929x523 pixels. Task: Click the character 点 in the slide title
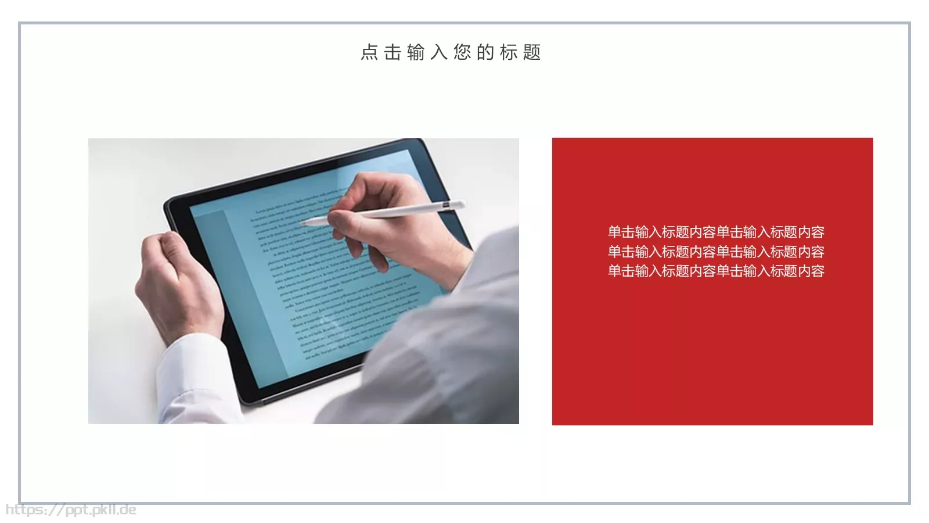click(369, 52)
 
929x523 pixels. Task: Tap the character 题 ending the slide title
click(532, 52)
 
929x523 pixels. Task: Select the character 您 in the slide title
click(462, 52)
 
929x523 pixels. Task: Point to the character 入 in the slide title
click(439, 52)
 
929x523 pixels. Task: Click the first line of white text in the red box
click(716, 232)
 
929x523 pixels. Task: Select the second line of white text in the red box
click(716, 252)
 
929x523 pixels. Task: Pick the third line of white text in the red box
click(716, 271)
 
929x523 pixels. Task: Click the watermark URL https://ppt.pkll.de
click(71, 510)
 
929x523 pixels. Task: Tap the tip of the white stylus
click(303, 222)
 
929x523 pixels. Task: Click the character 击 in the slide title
click(393, 52)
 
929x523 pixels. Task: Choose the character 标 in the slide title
click(509, 52)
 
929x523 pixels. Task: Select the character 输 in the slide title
click(416, 52)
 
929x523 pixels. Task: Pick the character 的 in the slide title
click(485, 52)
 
